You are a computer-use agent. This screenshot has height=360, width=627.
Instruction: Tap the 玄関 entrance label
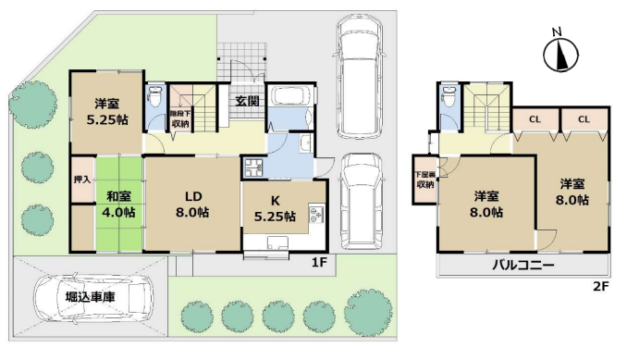[247, 101]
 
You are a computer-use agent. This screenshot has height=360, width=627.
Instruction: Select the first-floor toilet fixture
[154, 96]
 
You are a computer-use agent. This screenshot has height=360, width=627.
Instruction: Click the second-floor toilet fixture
[449, 96]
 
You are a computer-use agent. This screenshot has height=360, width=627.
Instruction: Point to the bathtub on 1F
[289, 96]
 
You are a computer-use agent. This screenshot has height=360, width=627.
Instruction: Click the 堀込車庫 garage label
[91, 297]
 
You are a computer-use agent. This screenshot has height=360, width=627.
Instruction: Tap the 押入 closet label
[82, 180]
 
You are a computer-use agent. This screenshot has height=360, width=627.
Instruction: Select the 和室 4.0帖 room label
[118, 204]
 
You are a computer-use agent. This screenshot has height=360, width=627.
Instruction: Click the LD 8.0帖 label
[192, 204]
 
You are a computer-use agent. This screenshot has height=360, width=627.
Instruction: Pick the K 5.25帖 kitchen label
[275, 208]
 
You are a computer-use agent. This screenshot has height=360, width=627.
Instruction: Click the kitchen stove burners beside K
[316, 215]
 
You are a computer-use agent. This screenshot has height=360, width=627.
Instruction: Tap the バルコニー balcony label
[523, 265]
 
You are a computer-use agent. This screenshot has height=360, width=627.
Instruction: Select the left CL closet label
[535, 119]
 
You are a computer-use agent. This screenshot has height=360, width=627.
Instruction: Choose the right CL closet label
[584, 119]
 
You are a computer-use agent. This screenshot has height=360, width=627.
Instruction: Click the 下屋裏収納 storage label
[425, 180]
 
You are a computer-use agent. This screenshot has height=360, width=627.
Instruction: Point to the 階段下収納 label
[179, 118]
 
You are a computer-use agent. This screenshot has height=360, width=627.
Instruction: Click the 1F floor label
[319, 263]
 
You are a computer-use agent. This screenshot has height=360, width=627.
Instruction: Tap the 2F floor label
[600, 286]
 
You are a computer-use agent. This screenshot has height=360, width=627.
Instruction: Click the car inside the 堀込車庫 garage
[91, 298]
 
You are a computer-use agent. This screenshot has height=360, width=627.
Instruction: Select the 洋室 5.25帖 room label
[107, 112]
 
